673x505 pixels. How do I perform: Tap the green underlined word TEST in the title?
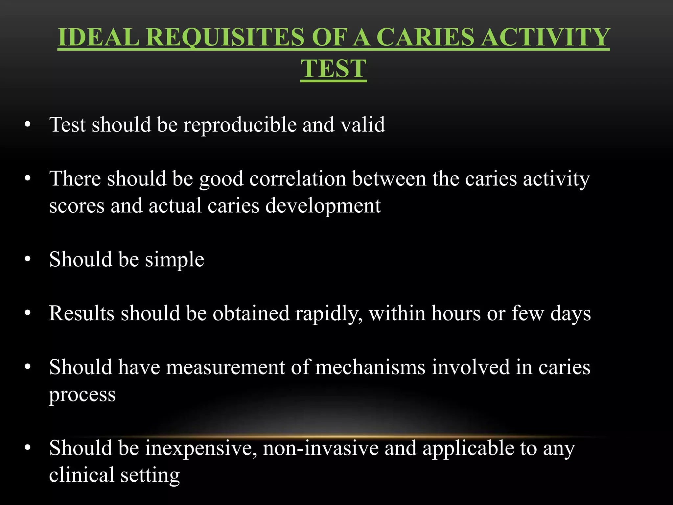click(333, 69)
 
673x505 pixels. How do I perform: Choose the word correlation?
click(298, 179)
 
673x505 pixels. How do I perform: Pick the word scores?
click(77, 206)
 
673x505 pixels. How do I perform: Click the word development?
click(323, 206)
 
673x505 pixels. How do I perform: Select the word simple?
click(174, 260)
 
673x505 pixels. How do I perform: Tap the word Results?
click(82, 313)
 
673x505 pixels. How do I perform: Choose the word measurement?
click(225, 367)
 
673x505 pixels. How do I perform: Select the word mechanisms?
click(370, 367)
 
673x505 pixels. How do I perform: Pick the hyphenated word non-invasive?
click(321, 448)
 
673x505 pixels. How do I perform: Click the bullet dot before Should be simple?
click(28, 259)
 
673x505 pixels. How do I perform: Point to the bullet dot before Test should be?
click(28, 125)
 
